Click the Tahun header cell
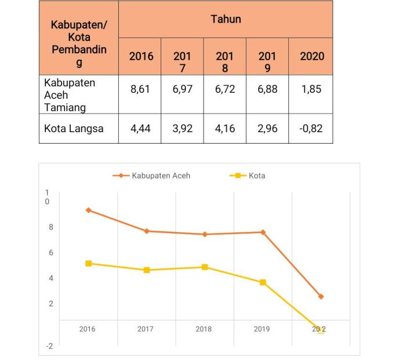pyautogui.click(x=225, y=19)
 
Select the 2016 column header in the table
pyautogui.click(x=141, y=56)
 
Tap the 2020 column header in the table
pyautogui.click(x=311, y=56)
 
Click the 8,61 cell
pyautogui.click(x=141, y=90)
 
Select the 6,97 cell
pyautogui.click(x=182, y=90)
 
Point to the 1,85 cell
pyautogui.click(x=311, y=90)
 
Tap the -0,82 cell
pyautogui.click(x=311, y=128)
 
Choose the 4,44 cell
pyautogui.click(x=141, y=128)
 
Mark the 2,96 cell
pyautogui.click(x=267, y=128)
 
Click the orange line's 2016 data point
pyautogui.click(x=88, y=210)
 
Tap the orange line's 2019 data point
pyautogui.click(x=263, y=232)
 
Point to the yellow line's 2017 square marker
pyautogui.click(x=147, y=270)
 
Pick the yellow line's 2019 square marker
pyautogui.click(x=263, y=282)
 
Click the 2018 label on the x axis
pyautogui.click(x=204, y=329)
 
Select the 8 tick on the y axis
pyautogui.click(x=51, y=227)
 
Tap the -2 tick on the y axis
pyautogui.click(x=49, y=346)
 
